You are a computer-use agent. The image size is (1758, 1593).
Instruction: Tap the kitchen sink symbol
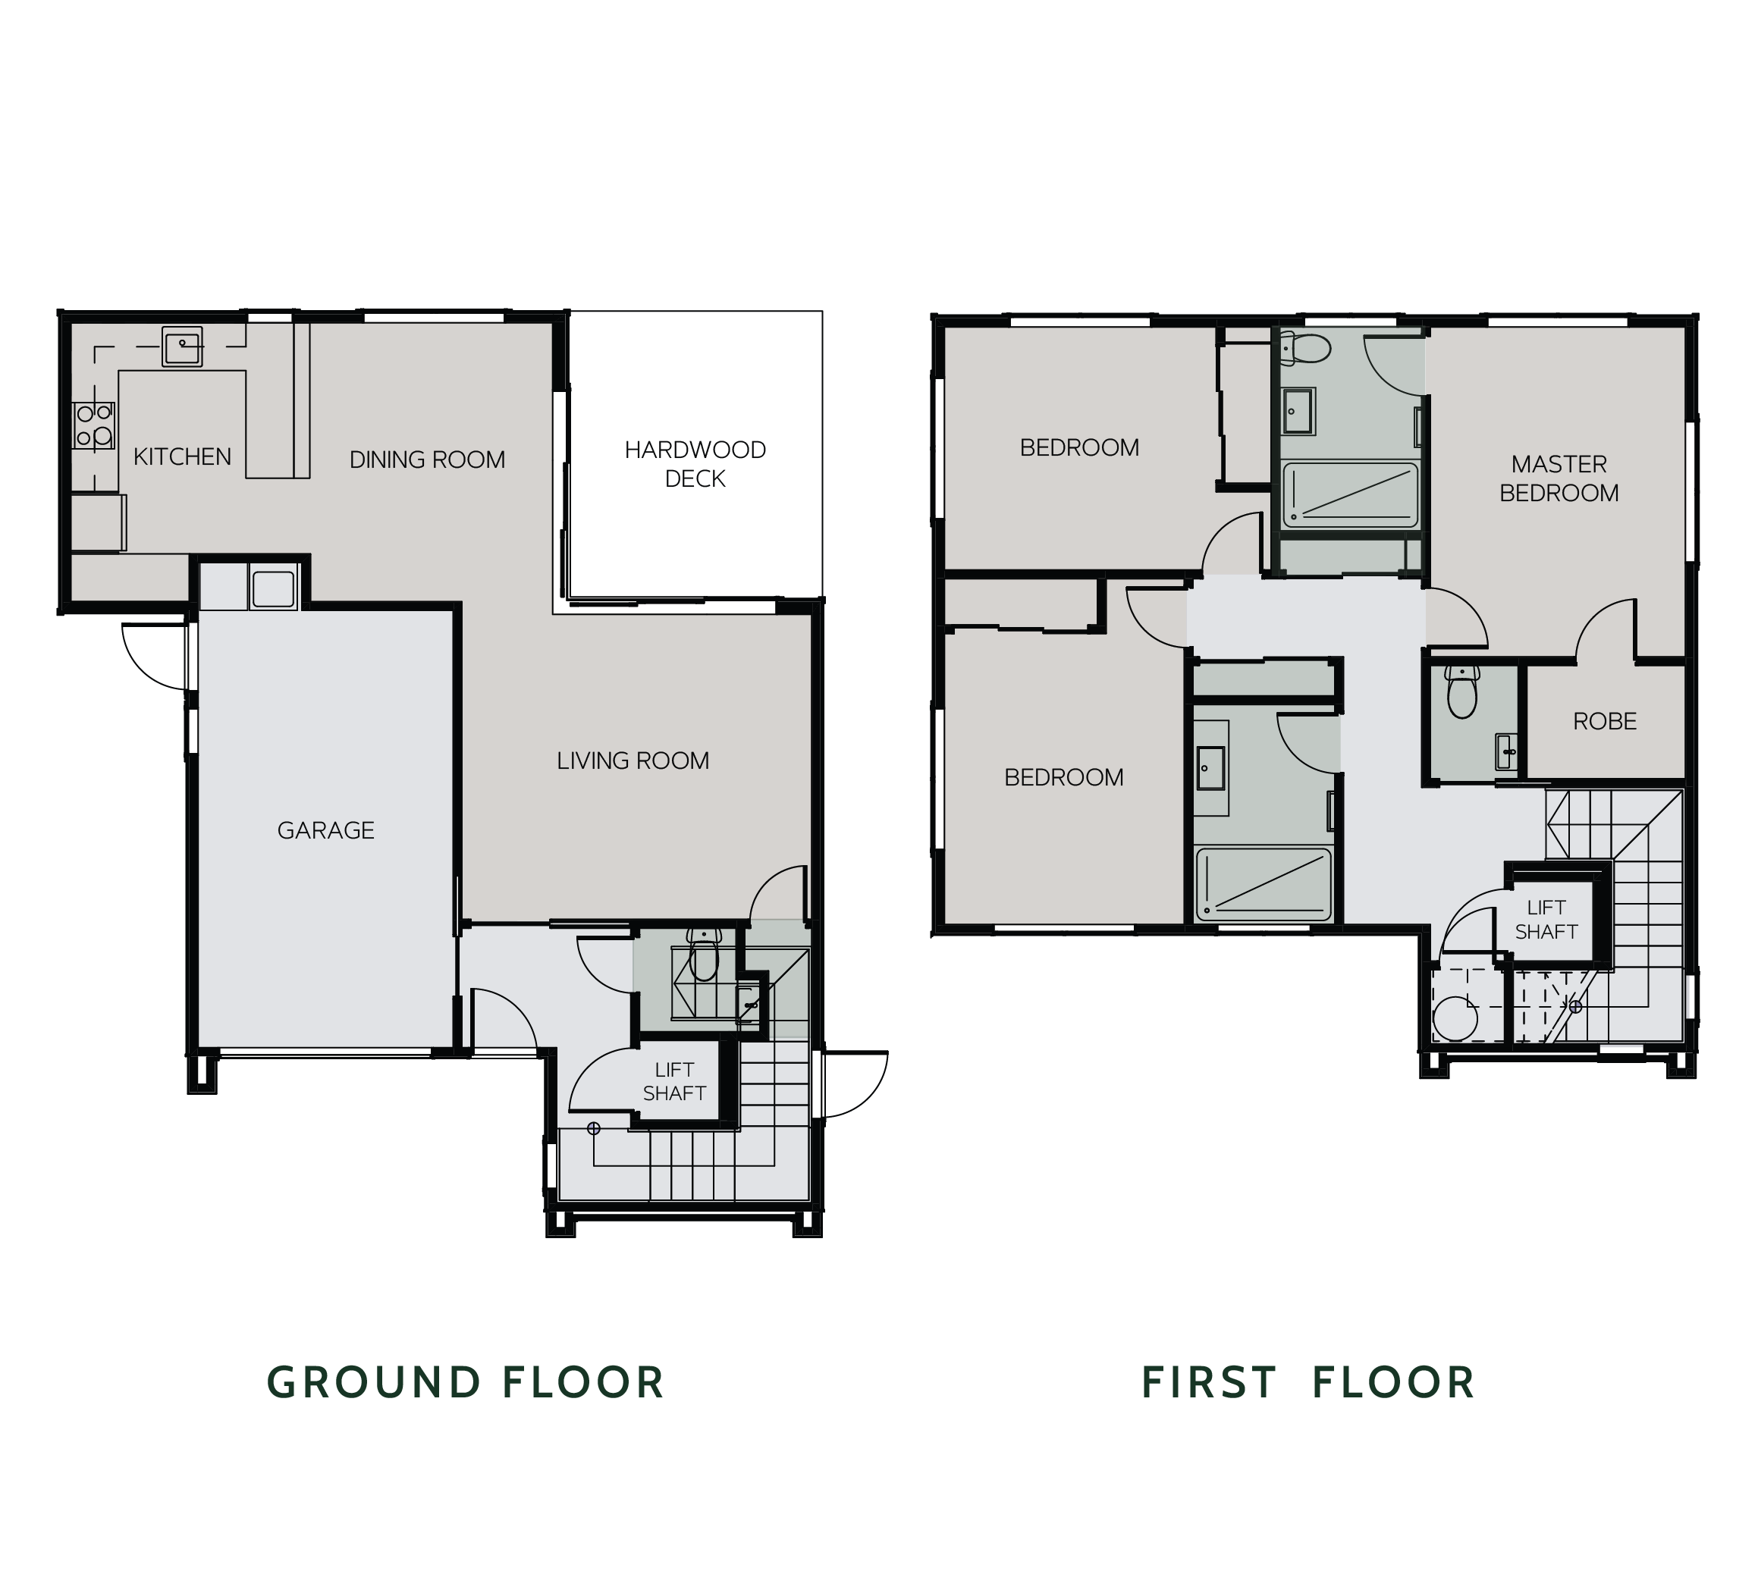(181, 347)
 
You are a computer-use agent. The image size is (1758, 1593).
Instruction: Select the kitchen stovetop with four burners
(93, 425)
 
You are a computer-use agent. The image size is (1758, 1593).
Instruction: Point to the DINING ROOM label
(426, 459)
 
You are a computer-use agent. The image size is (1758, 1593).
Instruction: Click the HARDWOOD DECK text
(695, 464)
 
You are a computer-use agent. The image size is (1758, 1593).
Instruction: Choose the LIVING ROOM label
(633, 760)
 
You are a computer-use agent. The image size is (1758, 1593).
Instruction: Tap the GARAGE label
(325, 830)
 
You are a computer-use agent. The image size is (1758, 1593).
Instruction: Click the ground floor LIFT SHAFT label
(674, 1081)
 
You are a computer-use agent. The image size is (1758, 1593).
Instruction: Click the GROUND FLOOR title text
(466, 1382)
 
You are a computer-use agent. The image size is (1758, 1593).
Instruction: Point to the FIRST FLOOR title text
(1308, 1382)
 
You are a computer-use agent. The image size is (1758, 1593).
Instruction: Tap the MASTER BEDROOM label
(1559, 478)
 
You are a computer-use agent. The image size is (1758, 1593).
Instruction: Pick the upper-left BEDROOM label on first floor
(1078, 447)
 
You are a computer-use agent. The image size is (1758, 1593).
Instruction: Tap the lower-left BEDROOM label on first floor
(1063, 777)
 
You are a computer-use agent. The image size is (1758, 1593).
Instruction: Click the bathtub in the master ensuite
(1350, 494)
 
